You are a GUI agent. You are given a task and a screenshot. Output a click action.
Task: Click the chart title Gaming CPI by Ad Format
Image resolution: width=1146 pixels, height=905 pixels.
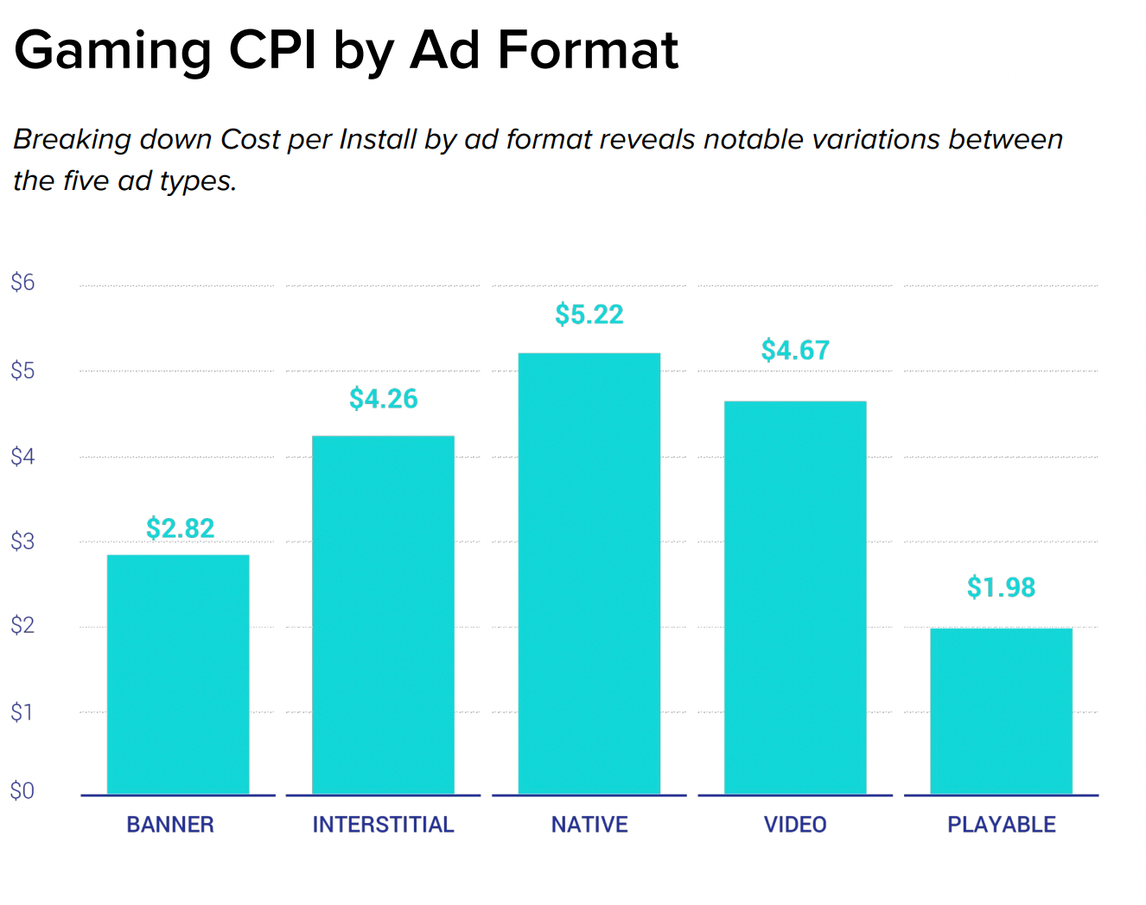click(347, 50)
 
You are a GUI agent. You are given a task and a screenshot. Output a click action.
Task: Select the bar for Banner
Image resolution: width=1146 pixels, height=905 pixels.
click(178, 674)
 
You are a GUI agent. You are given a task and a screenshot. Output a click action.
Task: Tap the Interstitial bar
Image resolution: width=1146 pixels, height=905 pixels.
click(383, 615)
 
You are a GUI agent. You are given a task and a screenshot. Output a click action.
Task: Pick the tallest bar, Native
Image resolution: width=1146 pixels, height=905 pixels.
click(589, 573)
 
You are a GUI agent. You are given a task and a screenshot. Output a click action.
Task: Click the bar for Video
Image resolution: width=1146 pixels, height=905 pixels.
click(795, 598)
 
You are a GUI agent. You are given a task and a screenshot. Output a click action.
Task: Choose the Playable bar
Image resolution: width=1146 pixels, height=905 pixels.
click(1001, 711)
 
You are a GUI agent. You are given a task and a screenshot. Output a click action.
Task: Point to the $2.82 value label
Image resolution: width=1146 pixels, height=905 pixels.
click(180, 528)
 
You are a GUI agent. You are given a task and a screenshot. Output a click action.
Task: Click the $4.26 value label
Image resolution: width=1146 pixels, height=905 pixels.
click(384, 399)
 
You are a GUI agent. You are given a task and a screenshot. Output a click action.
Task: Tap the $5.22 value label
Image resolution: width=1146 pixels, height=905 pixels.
click(589, 314)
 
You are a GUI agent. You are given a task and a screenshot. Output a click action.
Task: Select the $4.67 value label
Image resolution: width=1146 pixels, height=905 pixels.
click(795, 351)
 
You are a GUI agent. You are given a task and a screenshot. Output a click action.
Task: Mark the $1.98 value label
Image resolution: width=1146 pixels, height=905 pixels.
click(1001, 587)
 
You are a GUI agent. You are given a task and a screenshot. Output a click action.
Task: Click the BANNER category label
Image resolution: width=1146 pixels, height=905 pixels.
click(170, 825)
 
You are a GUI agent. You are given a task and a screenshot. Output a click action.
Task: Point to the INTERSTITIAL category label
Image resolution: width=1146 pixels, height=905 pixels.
click(383, 825)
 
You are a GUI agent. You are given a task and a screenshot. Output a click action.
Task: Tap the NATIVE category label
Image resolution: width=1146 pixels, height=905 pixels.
click(589, 825)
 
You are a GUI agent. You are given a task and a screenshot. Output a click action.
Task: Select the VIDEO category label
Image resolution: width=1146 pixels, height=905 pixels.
click(795, 825)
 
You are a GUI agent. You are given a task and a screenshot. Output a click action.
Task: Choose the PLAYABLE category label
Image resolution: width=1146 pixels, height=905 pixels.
click(1002, 825)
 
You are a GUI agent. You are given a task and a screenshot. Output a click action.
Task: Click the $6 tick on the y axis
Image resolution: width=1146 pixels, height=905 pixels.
click(22, 282)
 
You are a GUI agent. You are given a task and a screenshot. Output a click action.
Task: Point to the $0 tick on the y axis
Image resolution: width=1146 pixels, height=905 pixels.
click(22, 790)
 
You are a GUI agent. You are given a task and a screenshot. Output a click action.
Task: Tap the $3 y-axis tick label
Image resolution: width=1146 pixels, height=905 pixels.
click(22, 541)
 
